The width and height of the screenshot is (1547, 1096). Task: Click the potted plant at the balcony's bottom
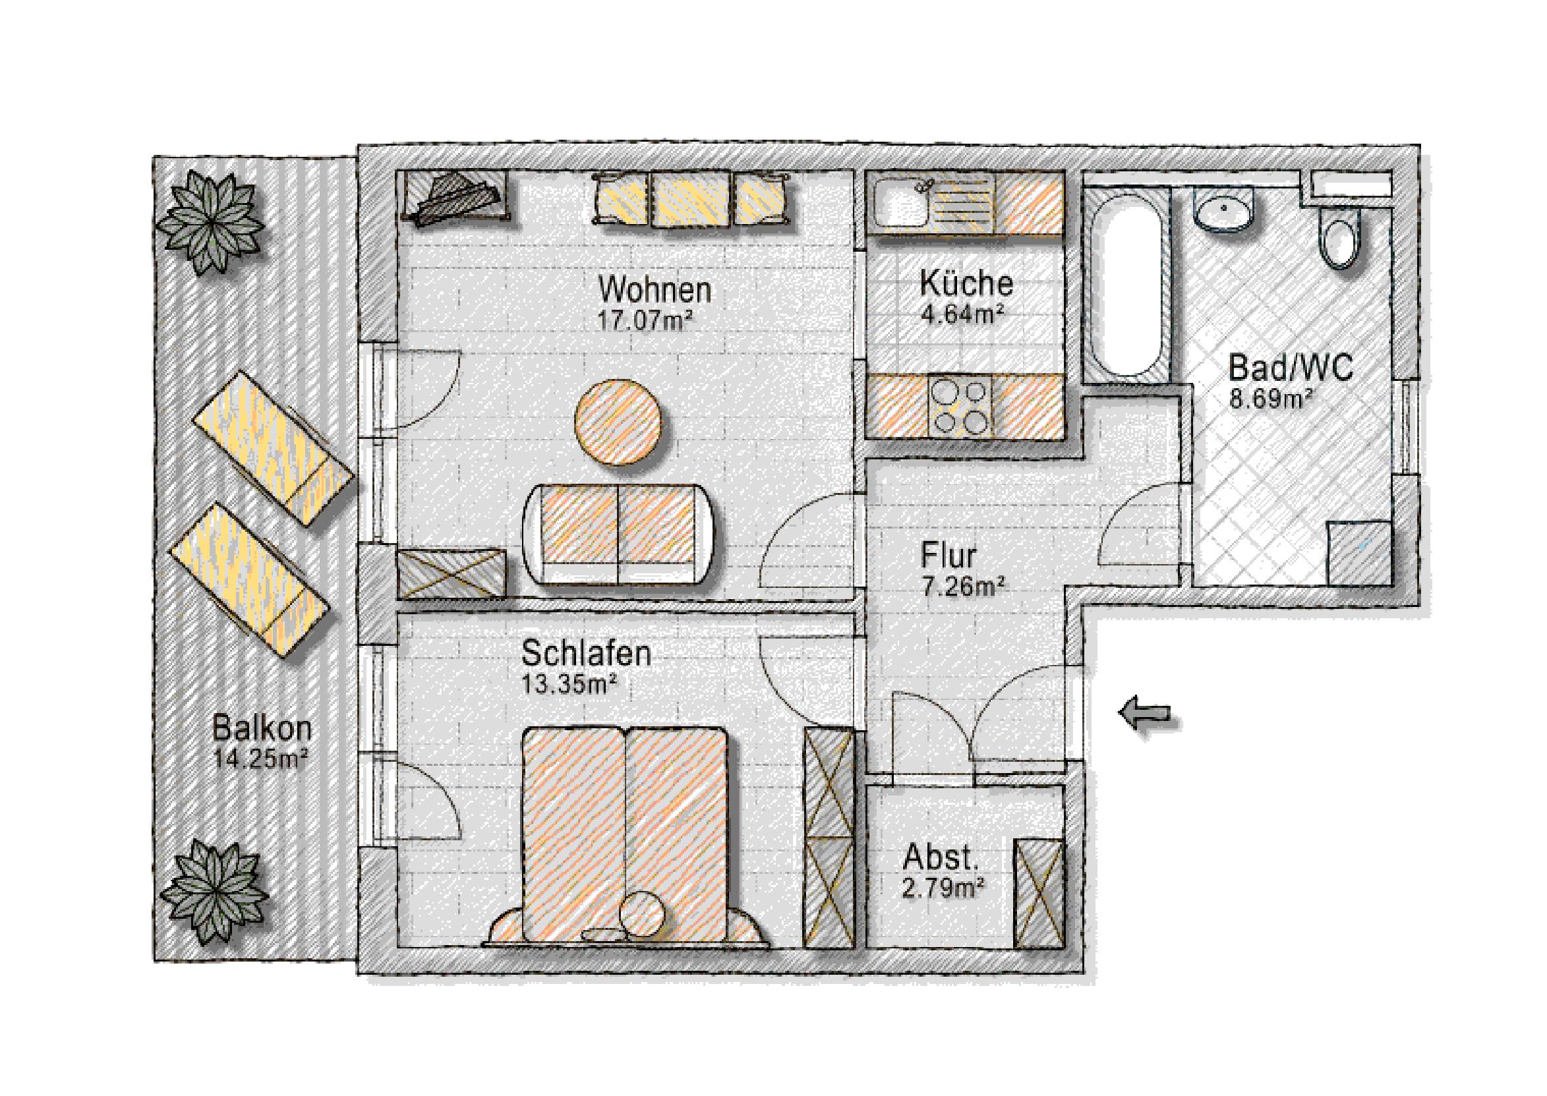point(214,892)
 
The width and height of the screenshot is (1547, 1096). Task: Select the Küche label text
point(966,283)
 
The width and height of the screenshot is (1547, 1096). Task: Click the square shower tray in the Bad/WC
point(1358,553)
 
